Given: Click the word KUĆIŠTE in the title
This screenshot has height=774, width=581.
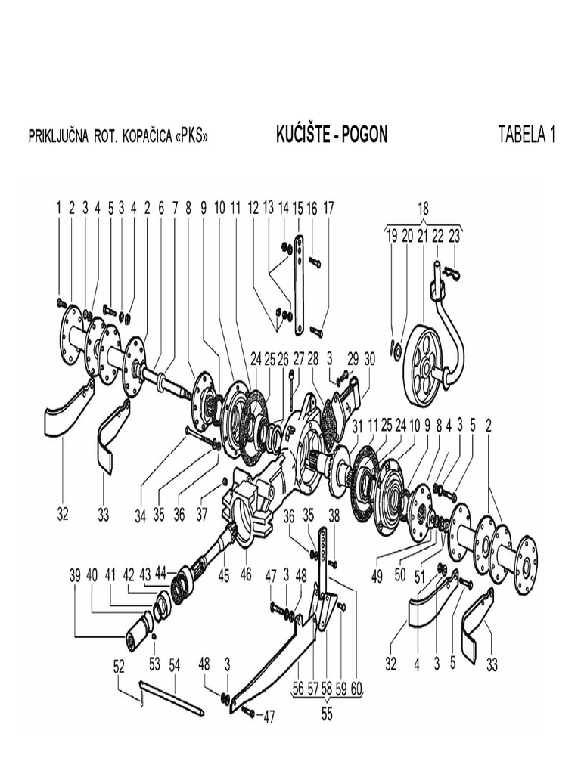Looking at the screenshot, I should [303, 135].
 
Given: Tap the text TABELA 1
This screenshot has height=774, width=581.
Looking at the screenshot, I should [527, 135].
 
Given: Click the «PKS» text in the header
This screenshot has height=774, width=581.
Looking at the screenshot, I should [187, 137].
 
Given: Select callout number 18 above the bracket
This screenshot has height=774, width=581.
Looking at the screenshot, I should [424, 207].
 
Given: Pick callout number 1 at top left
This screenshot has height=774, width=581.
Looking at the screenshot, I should [58, 207].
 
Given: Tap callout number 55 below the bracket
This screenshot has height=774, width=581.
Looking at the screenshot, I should [326, 712].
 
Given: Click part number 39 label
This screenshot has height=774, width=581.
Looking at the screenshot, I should [74, 574].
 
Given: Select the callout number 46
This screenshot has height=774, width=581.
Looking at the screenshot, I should [246, 574].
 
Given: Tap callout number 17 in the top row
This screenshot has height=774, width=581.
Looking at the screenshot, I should [328, 207].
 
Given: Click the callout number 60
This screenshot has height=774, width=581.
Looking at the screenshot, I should [356, 689].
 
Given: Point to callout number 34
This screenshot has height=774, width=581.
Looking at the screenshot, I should [140, 515].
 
